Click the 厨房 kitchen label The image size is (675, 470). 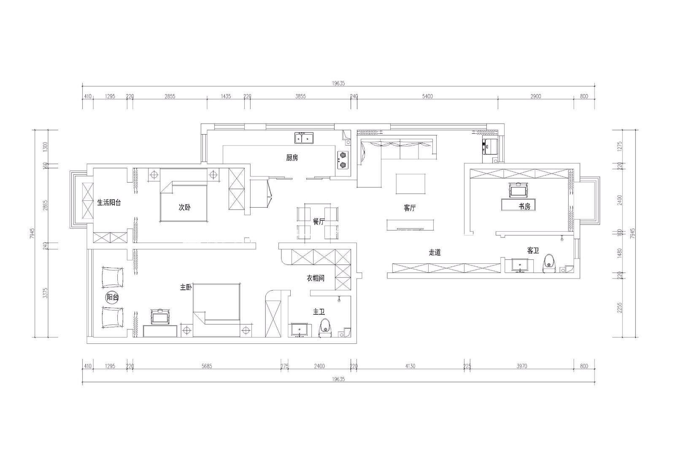click(292, 157)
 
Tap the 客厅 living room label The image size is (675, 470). click(410, 208)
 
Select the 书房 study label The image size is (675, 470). click(524, 206)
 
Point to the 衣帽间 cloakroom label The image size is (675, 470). click(316, 278)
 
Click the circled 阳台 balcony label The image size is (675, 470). click(112, 298)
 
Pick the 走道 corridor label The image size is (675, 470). click(435, 252)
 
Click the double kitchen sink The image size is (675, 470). click(304, 138)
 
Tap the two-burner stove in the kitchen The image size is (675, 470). click(343, 160)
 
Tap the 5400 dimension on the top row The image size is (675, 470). click(427, 97)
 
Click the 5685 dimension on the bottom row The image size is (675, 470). click(207, 366)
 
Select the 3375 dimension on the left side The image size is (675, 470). click(46, 293)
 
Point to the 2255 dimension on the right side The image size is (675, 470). click(620, 308)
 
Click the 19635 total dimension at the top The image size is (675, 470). click(338, 84)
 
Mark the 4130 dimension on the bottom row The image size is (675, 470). click(410, 366)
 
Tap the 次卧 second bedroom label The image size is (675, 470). click(184, 207)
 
